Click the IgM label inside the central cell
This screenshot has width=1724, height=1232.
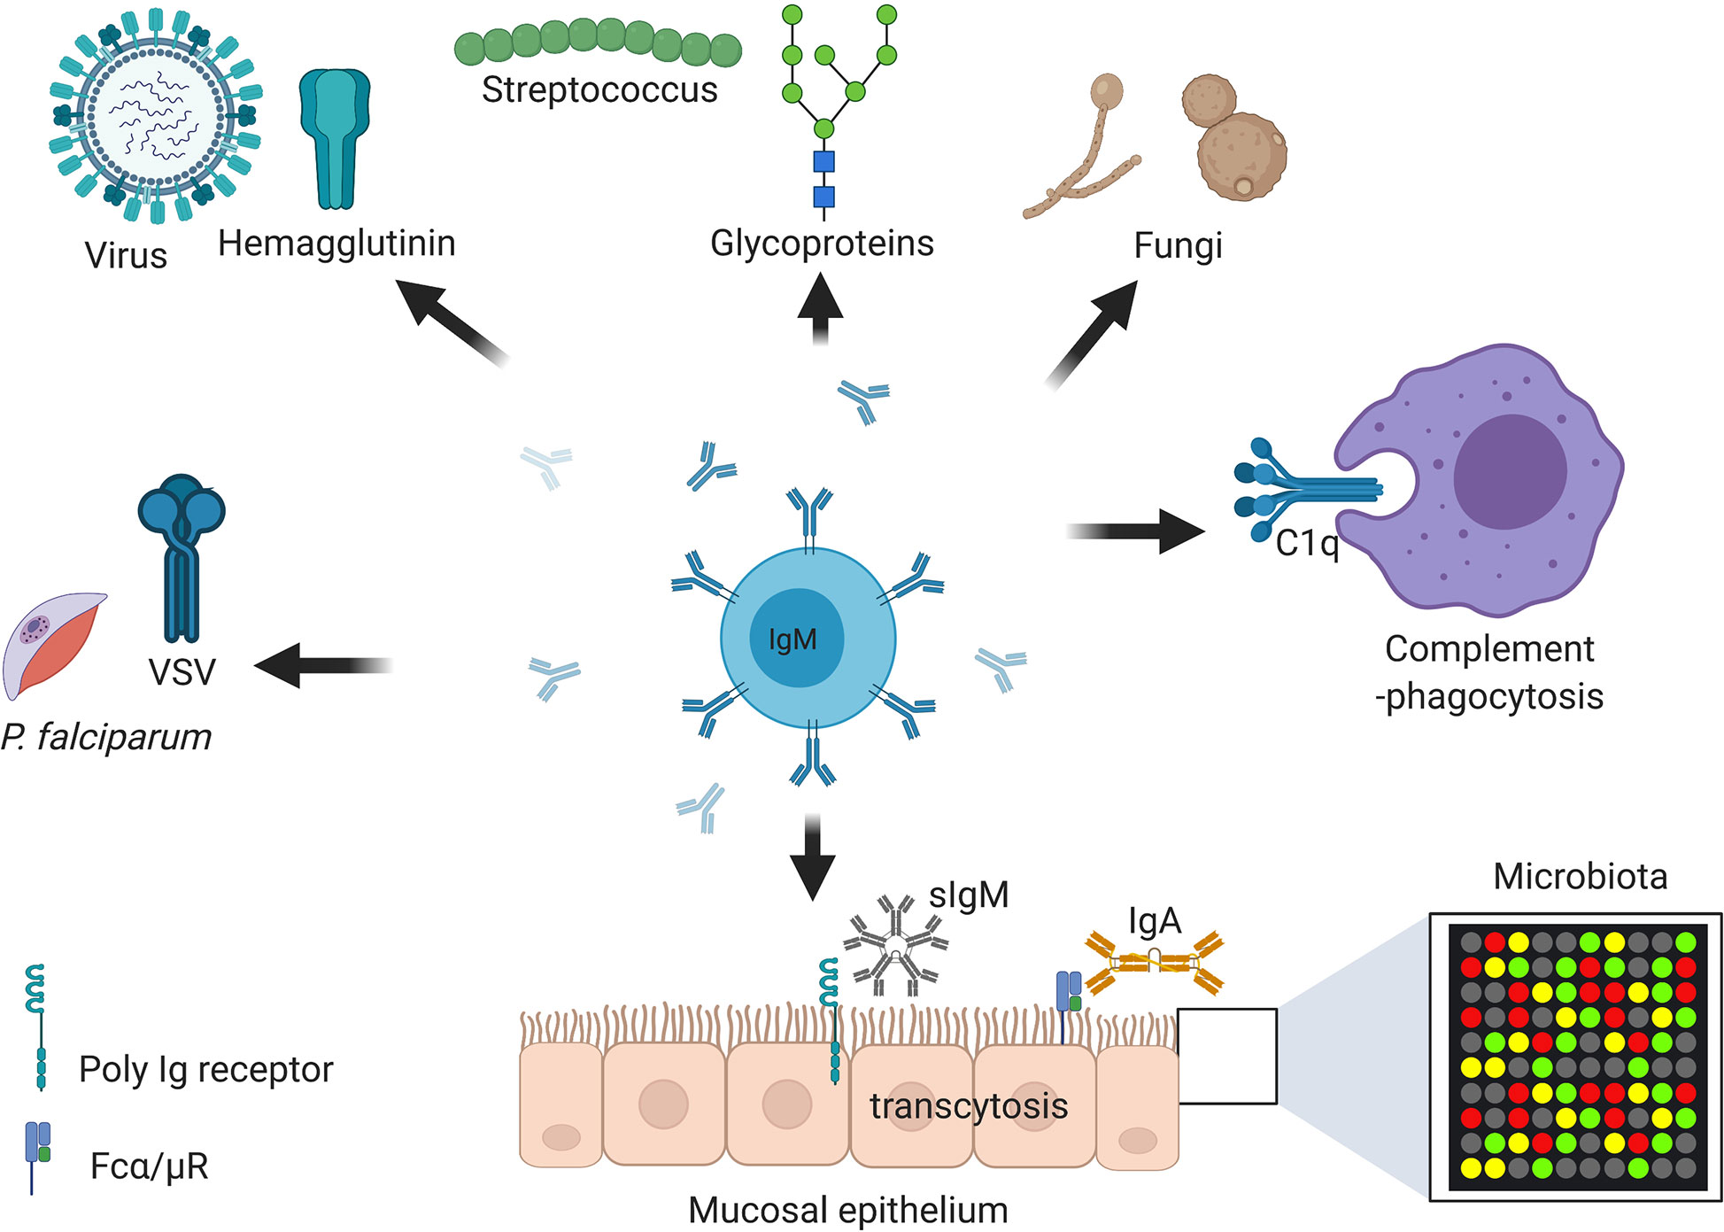coord(792,639)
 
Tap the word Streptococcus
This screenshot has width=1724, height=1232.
coord(599,90)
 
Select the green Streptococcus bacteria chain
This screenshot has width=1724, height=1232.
coord(599,43)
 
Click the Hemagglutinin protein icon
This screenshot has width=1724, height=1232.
coord(335,137)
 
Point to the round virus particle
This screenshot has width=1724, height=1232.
coord(156,115)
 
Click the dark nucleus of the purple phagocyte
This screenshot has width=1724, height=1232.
coord(1510,471)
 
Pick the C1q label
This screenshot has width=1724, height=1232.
coord(1307,543)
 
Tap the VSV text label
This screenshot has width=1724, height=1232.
coord(182,672)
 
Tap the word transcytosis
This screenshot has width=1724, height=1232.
coord(969,1106)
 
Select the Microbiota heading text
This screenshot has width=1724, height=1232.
coord(1580,877)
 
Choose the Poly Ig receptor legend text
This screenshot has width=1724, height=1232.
coord(205,1070)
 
